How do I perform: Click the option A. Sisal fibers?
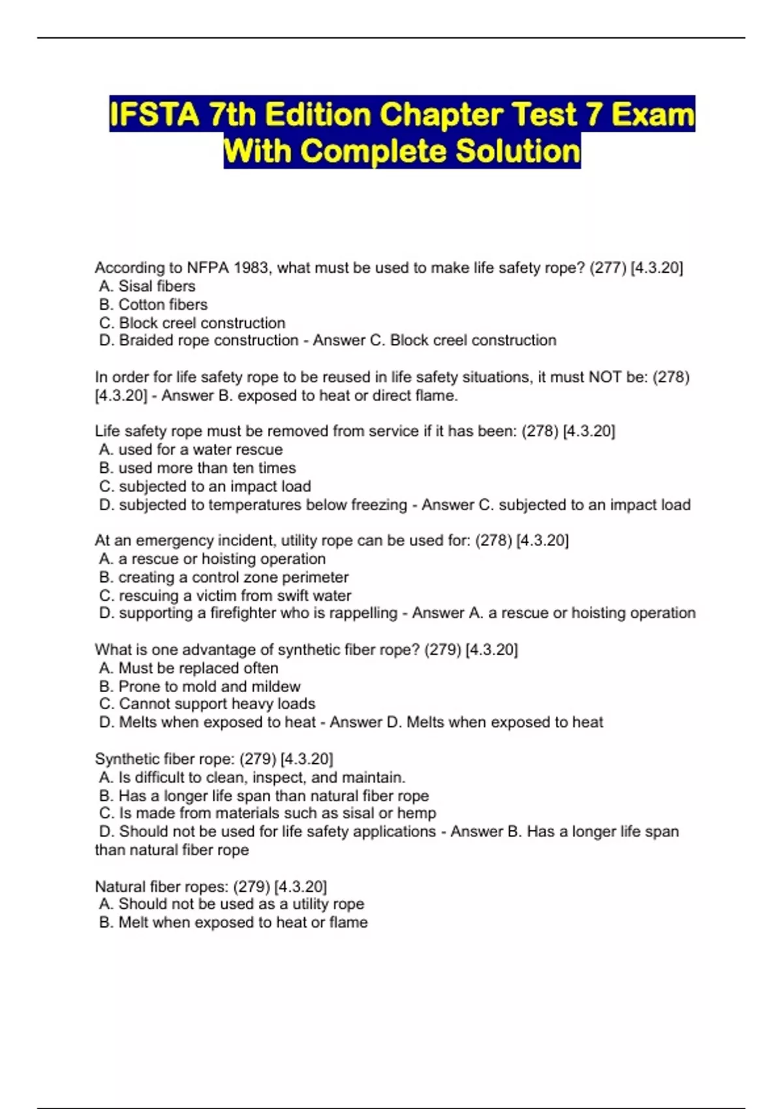click(147, 286)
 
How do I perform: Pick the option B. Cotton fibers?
click(153, 304)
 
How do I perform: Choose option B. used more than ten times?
click(197, 468)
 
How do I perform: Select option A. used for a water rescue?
click(191, 449)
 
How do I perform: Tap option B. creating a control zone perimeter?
click(224, 577)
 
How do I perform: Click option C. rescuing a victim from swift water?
click(225, 596)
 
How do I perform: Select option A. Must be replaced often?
click(189, 668)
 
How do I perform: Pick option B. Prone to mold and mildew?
click(200, 686)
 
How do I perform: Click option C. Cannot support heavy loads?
click(207, 704)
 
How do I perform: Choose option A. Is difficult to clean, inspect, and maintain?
click(252, 777)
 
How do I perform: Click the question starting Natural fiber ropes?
click(211, 886)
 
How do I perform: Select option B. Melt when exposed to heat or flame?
click(233, 922)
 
